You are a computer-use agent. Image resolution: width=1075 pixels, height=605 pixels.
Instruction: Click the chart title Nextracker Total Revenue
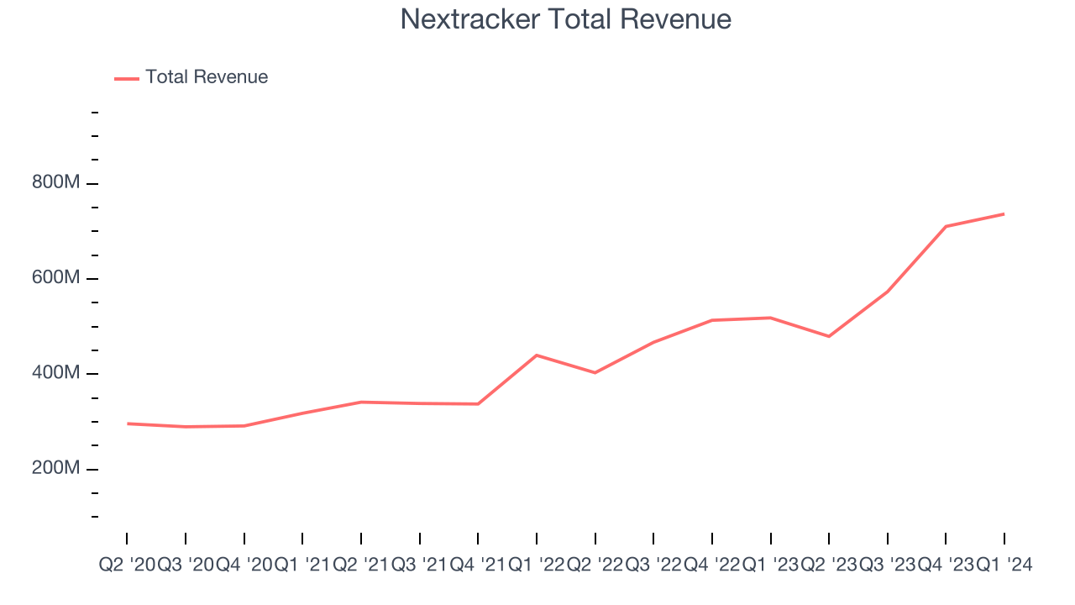tap(565, 19)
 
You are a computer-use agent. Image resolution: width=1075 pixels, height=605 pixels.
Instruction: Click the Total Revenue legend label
tap(207, 77)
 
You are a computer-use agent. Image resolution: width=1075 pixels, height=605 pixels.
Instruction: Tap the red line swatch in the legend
tap(127, 78)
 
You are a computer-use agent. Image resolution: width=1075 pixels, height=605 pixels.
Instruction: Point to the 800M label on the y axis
tap(57, 183)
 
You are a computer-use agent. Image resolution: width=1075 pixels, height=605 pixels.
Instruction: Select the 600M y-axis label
tap(57, 278)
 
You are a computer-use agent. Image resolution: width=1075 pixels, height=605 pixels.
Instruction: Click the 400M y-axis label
tap(57, 373)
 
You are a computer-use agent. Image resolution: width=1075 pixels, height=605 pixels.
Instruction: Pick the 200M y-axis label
tap(57, 468)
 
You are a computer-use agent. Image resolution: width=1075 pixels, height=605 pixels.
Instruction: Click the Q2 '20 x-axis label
tap(127, 566)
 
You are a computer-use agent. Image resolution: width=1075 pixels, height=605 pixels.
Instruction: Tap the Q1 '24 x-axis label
tap(1004, 566)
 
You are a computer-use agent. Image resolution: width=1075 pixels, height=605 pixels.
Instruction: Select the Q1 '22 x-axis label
tap(537, 566)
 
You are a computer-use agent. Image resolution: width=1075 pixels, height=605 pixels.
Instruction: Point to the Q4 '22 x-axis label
tap(712, 566)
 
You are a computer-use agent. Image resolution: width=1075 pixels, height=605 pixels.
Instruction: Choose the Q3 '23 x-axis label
tap(888, 566)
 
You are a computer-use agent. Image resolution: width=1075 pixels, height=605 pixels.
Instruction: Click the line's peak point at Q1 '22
tap(537, 355)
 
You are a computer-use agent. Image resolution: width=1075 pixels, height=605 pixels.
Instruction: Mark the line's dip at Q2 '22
tap(595, 372)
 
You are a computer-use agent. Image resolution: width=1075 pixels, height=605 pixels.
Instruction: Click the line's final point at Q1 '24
tap(1004, 214)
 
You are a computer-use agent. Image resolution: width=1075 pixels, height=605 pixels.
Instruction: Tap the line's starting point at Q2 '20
tap(128, 423)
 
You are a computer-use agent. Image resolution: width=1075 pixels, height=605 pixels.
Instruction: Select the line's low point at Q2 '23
tap(829, 336)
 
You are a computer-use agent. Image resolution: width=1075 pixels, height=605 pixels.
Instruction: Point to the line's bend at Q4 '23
tap(946, 226)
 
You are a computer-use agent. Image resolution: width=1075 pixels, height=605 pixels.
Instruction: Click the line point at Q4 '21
tap(478, 404)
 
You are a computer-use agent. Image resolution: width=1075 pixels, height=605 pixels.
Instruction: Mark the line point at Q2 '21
tap(361, 402)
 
